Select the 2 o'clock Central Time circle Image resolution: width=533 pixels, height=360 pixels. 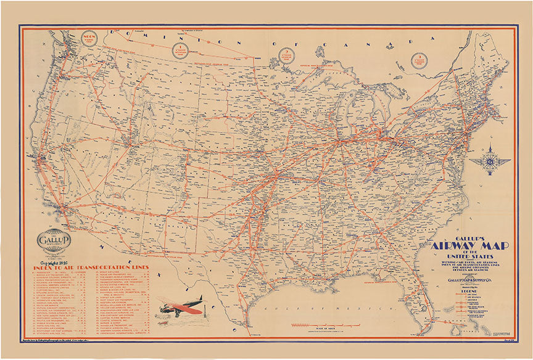(x=288, y=56)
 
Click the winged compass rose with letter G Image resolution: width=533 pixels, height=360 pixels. (x=490, y=162)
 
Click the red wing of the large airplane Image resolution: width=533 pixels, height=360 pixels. (x=183, y=306)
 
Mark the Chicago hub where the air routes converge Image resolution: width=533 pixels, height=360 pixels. (x=341, y=144)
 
